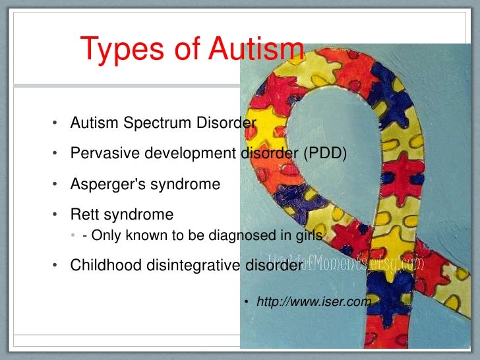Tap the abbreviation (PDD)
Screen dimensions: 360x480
[x=324, y=154]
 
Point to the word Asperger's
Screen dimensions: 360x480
[x=107, y=184]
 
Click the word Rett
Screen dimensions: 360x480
[x=84, y=214]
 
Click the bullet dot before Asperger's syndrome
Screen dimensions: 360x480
[x=56, y=185]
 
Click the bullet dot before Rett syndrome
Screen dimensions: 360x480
[x=56, y=215]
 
